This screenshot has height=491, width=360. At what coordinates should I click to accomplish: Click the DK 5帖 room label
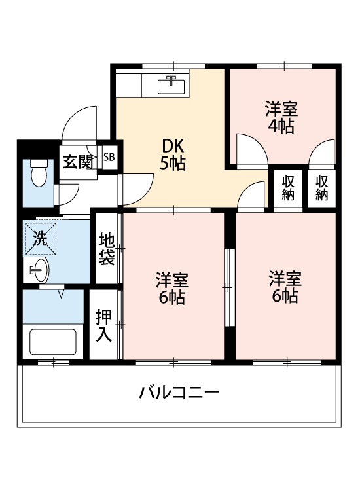tap(173, 155)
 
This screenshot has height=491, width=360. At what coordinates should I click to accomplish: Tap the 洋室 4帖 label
tap(281, 117)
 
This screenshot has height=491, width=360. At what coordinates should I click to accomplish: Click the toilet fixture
tap(39, 172)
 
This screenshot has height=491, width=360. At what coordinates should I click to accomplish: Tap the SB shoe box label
tap(109, 157)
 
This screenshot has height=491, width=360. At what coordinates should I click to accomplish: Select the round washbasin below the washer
tap(39, 268)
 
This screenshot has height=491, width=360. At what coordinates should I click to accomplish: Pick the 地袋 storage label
tap(107, 248)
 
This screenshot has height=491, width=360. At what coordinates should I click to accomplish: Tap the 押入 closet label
tap(104, 325)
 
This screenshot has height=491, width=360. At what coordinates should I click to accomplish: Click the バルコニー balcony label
tap(178, 393)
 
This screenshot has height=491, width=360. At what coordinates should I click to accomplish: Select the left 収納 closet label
tap(288, 187)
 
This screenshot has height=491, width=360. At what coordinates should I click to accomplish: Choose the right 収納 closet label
tap(321, 187)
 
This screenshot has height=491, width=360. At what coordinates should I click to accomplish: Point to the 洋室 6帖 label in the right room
tap(285, 287)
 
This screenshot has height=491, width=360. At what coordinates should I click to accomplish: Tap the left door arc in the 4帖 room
tap(251, 149)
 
